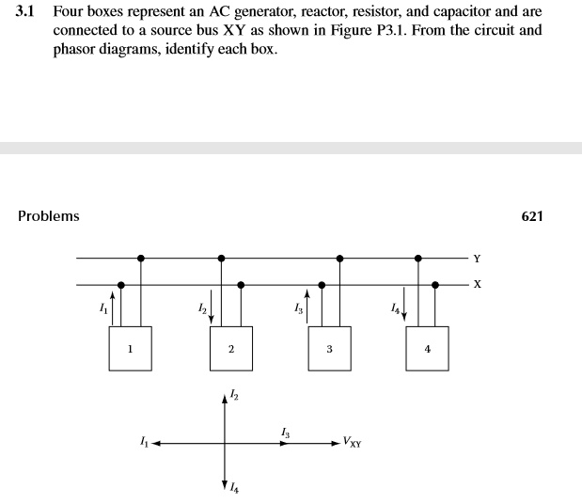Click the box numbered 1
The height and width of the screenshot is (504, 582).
pyautogui.click(x=131, y=349)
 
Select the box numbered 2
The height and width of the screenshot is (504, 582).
pyautogui.click(x=230, y=349)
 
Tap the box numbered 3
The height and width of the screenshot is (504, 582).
pyautogui.click(x=329, y=349)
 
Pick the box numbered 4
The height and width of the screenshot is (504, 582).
pyautogui.click(x=428, y=349)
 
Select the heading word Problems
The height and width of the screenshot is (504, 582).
pyautogui.click(x=49, y=216)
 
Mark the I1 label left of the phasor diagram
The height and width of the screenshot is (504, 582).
pyautogui.click(x=142, y=440)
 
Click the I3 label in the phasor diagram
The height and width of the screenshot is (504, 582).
pyautogui.click(x=285, y=432)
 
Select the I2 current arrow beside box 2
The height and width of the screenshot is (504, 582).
pyautogui.click(x=212, y=308)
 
